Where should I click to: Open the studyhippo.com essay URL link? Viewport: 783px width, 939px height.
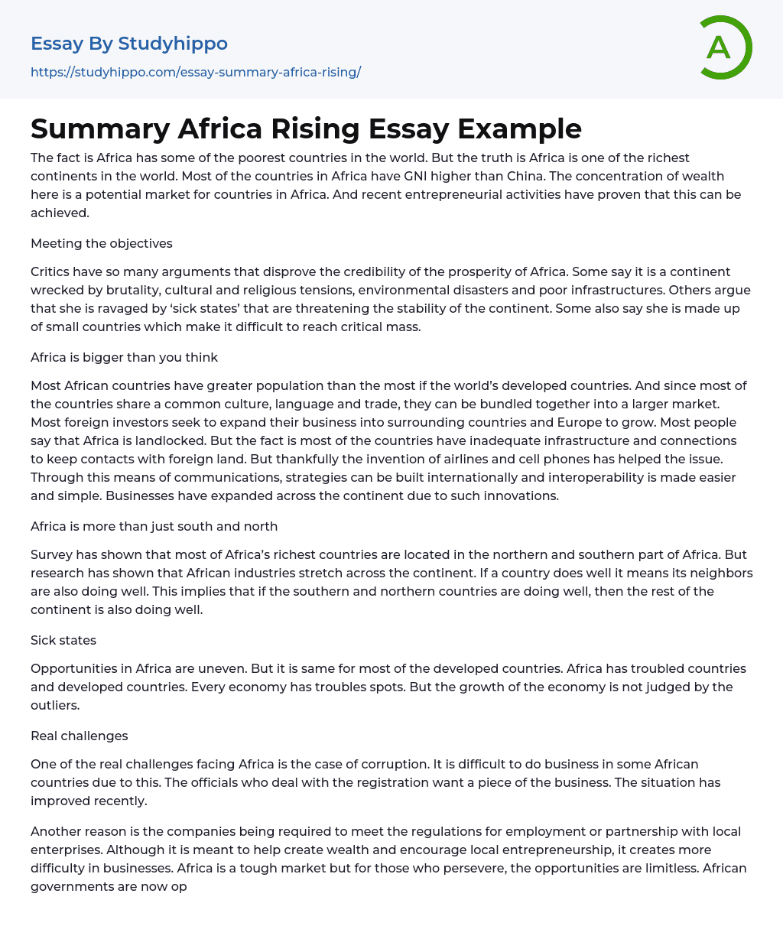click(196, 72)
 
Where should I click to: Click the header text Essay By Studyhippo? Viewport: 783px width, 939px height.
click(129, 44)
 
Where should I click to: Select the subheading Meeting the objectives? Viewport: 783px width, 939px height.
click(102, 243)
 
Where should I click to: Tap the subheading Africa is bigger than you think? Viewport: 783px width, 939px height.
click(124, 357)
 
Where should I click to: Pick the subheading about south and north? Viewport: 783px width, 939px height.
click(154, 526)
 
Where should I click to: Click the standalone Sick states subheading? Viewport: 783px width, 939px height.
click(63, 640)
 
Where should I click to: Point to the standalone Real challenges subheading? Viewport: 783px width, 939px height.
click(80, 736)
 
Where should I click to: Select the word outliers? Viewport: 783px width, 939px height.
click(55, 705)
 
